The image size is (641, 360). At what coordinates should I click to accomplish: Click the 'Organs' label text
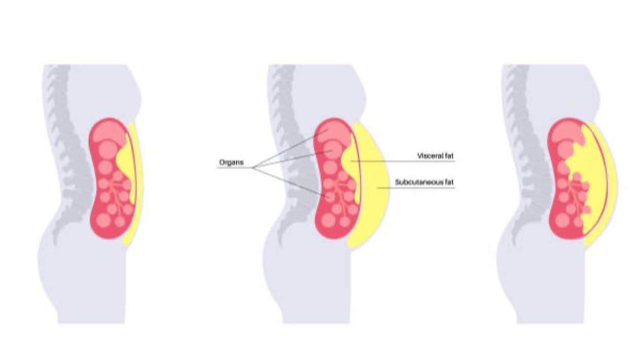pyautogui.click(x=231, y=163)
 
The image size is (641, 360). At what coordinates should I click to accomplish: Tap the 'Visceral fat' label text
pyautogui.click(x=436, y=156)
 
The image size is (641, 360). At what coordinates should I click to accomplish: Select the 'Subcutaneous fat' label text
pyautogui.click(x=424, y=182)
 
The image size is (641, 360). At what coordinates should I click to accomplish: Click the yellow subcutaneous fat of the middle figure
pyautogui.click(x=372, y=186)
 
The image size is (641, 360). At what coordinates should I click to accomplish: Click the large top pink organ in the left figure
pyautogui.click(x=109, y=133)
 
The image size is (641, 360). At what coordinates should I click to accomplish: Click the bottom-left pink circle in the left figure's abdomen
pyautogui.click(x=103, y=220)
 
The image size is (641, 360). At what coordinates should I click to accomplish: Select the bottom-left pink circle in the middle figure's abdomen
pyautogui.click(x=328, y=220)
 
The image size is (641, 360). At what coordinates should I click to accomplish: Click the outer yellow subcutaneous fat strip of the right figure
pyautogui.click(x=613, y=183)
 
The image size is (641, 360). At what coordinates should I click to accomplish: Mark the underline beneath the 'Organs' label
pyautogui.click(x=235, y=168)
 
